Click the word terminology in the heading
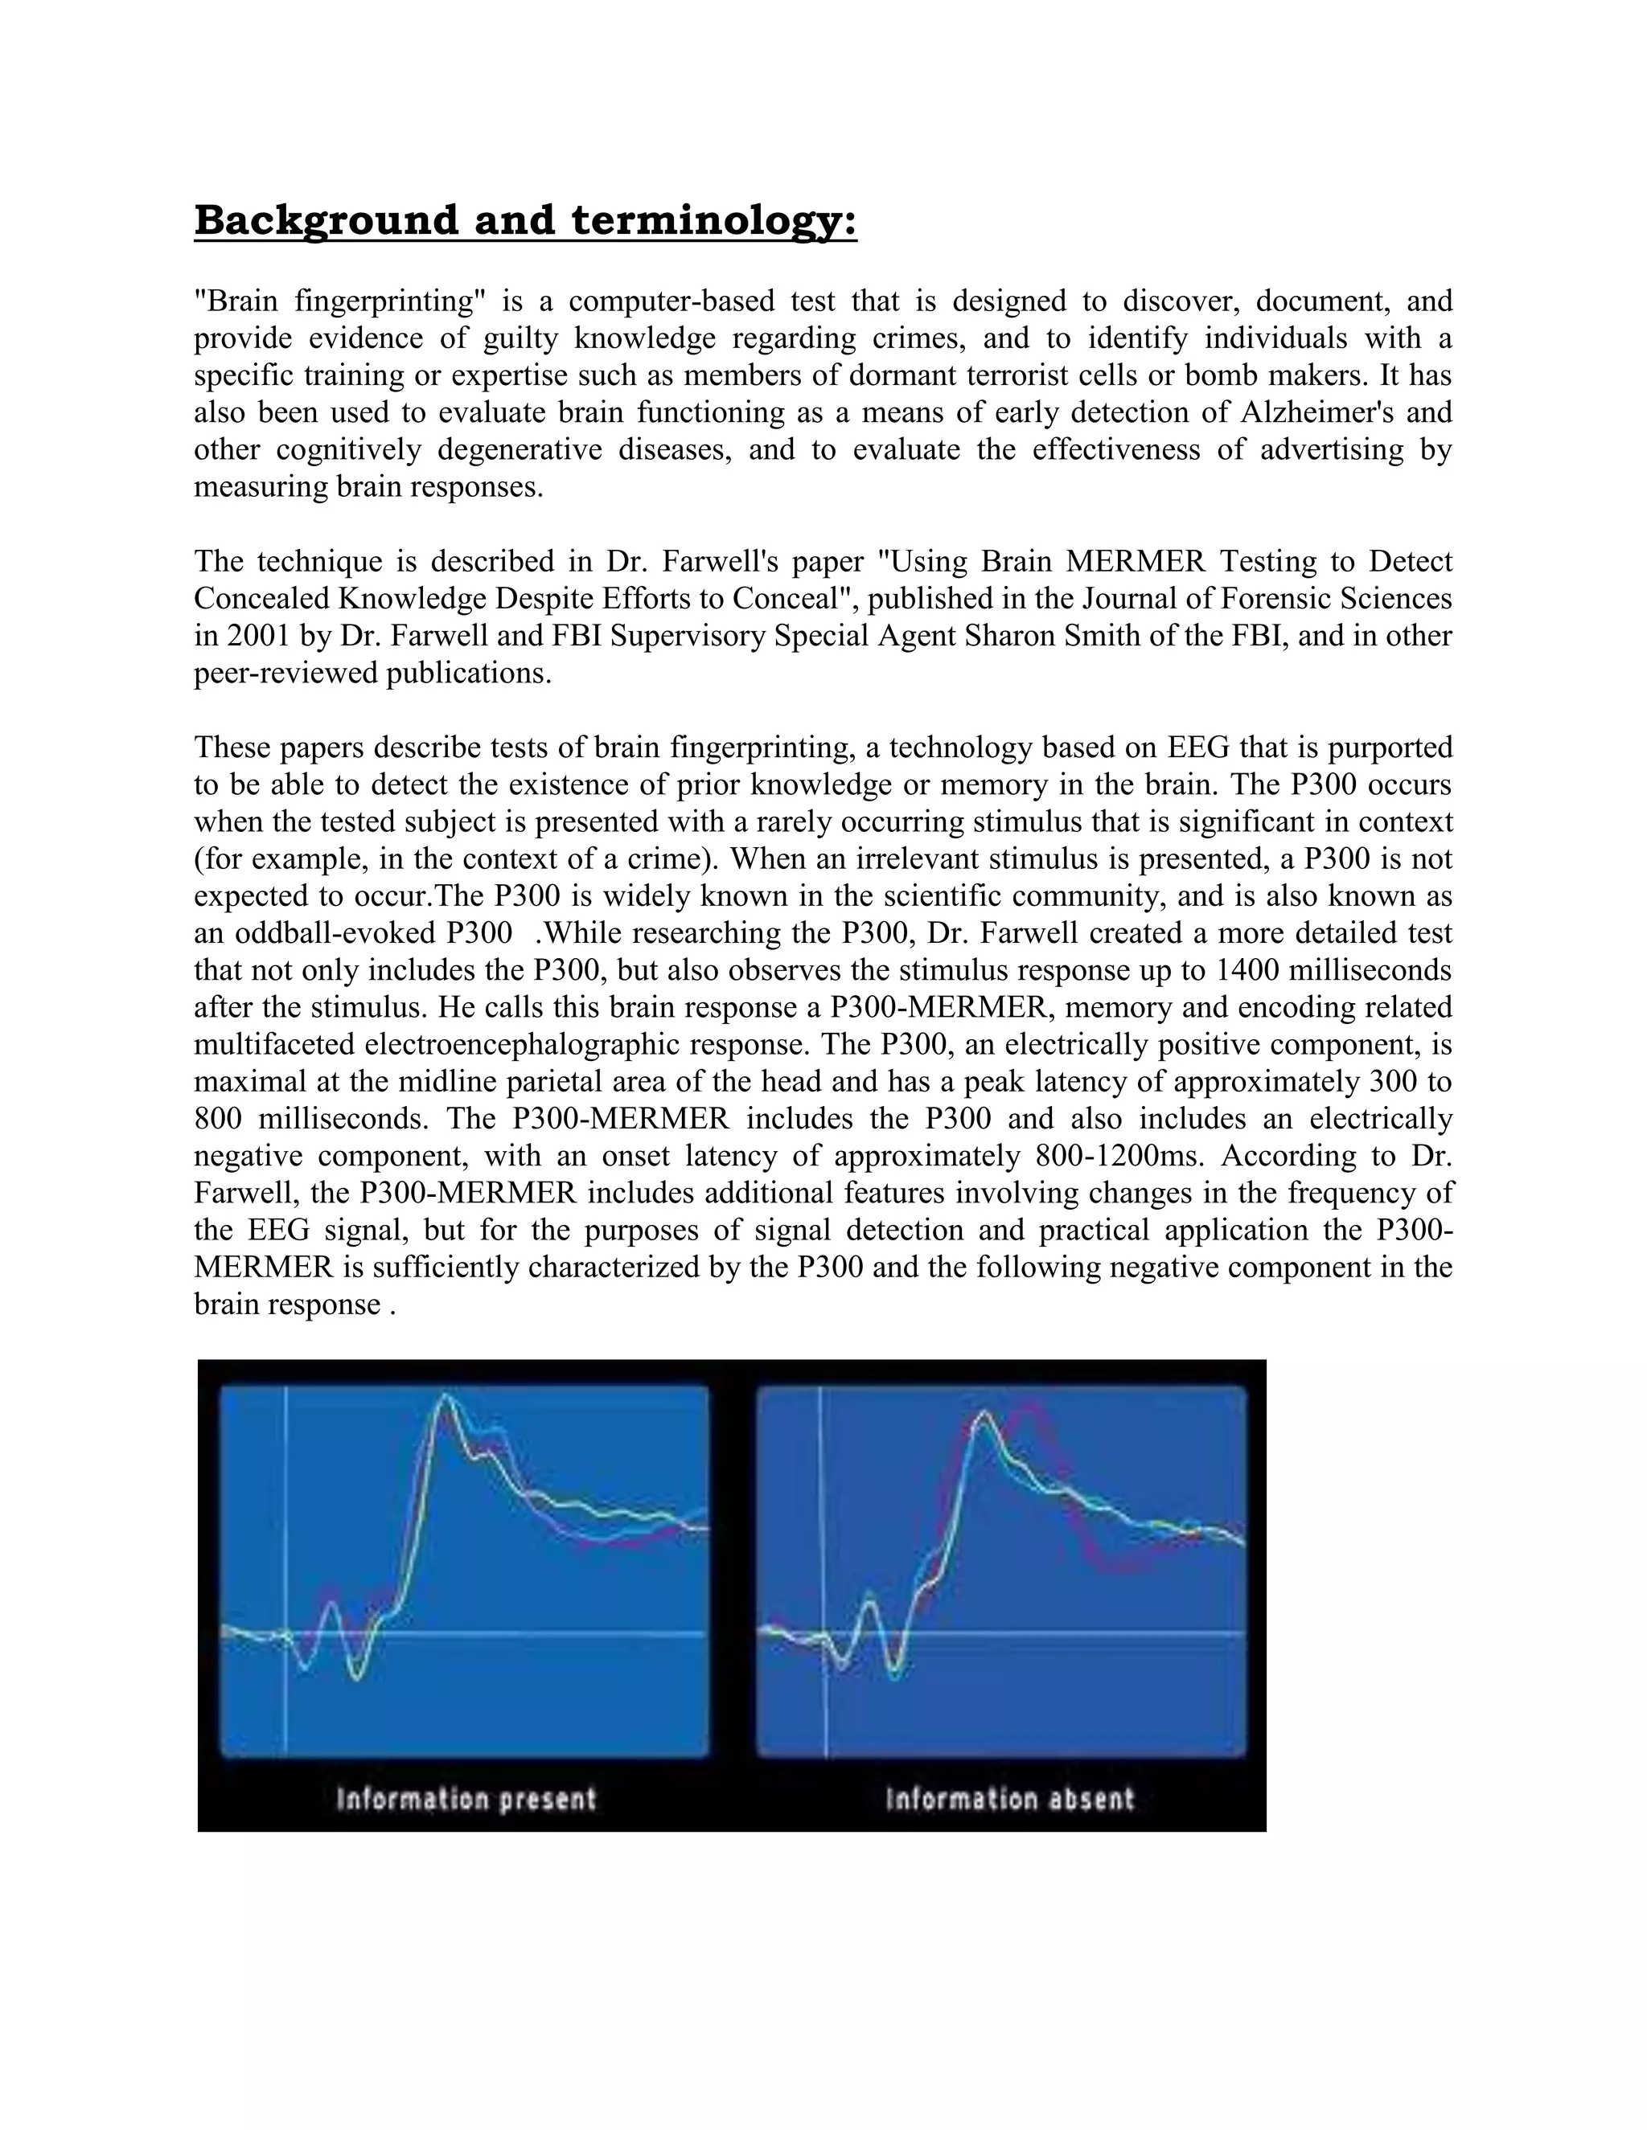(713, 220)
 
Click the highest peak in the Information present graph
(446, 1397)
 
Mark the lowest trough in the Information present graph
(356, 1677)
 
